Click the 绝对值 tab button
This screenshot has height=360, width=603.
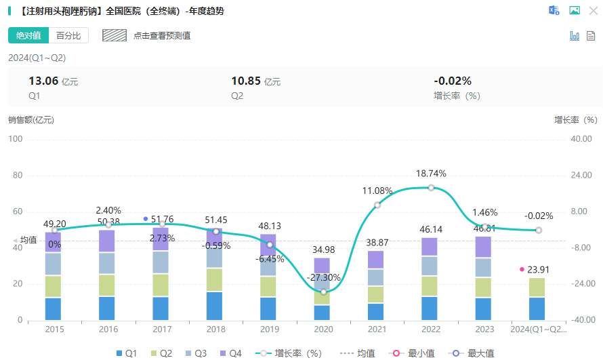[x=28, y=35]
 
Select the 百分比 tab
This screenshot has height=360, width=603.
[x=68, y=35]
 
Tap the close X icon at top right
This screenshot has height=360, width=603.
[x=593, y=10]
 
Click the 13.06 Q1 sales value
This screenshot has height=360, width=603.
[x=43, y=81]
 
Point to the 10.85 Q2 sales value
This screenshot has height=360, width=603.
[x=246, y=81]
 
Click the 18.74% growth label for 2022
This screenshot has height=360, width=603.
[x=431, y=174]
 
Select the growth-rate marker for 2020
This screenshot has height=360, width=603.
[x=323, y=292]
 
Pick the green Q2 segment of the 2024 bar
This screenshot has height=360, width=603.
[x=537, y=287]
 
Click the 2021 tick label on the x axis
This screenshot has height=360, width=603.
[x=377, y=329]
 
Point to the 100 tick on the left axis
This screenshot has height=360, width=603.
[x=15, y=139]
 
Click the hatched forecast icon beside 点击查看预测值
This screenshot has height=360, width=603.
[x=115, y=35]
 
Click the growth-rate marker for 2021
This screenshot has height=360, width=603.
[x=377, y=205]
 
